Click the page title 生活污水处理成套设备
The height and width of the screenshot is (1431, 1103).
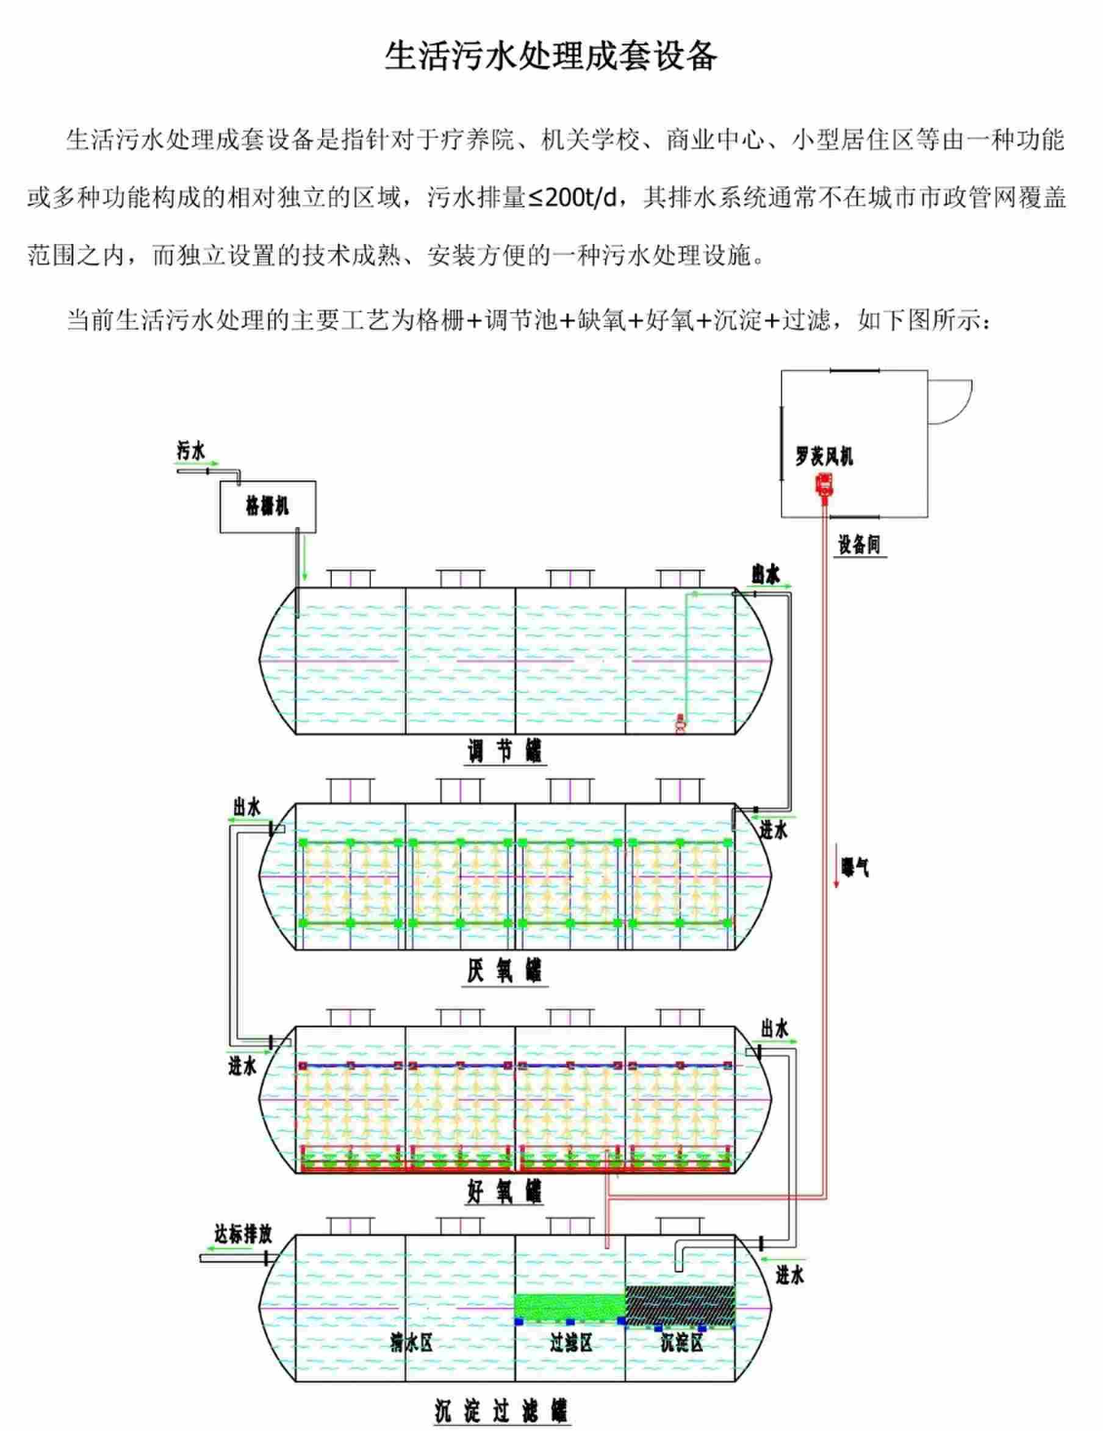pos(550,57)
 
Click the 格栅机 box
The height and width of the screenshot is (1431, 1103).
pos(267,506)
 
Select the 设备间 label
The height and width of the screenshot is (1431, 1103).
pos(859,545)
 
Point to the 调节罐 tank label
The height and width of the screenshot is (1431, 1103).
pos(505,750)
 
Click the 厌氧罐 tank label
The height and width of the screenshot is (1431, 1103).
pos(505,970)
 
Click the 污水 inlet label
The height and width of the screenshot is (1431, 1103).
pos(192,451)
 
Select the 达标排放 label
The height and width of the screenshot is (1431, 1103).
pos(243,1235)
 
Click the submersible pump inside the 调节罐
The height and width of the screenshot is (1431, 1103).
pos(680,724)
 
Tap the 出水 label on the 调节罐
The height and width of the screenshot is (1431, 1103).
pos(766,575)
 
